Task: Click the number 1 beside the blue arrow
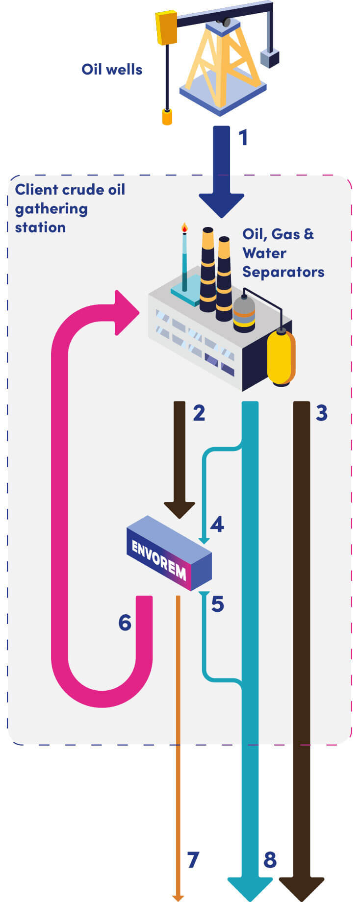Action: pos(243,138)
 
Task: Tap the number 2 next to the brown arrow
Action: pos(199,413)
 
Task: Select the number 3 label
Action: pos(321,413)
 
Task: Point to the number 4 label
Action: pos(217,525)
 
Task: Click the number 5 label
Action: pos(218,604)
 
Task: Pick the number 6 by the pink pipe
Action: pos(125,623)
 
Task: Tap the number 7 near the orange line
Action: pos(193,860)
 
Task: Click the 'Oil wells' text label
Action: pos(112,70)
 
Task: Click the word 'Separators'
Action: pos(283,272)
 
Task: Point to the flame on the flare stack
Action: pos(184,227)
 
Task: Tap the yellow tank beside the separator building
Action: pos(281,357)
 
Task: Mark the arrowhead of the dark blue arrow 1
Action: pos(222,204)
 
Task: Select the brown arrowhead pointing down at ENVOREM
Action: pos(180,510)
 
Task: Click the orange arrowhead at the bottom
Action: pos(178,898)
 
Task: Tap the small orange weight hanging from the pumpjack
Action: pos(167,117)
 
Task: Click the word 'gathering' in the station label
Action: pos(51,209)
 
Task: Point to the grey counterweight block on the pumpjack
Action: pos(269,58)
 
